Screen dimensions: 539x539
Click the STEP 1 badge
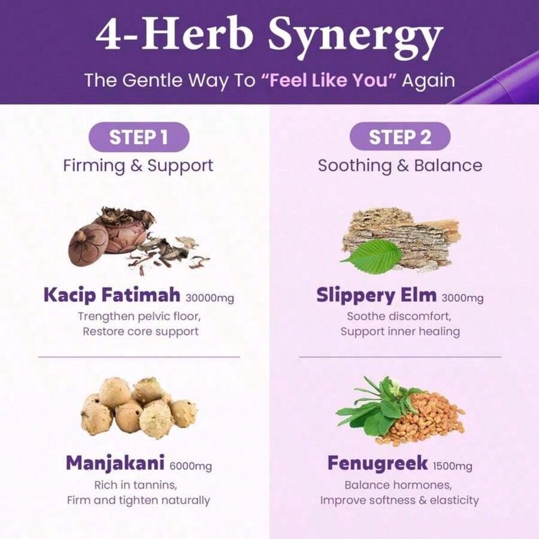[x=139, y=137]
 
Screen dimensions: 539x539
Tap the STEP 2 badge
[x=400, y=137]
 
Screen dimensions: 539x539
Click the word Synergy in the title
[x=355, y=37]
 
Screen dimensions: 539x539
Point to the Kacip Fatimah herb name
[x=112, y=295]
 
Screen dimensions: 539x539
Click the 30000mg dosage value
[x=210, y=298]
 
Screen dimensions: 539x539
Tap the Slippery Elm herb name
[x=377, y=295]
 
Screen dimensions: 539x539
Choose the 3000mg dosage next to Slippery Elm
[x=462, y=298]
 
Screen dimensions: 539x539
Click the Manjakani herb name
[x=115, y=463]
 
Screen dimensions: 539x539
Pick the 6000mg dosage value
[x=191, y=466]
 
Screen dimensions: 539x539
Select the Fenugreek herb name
[x=377, y=463]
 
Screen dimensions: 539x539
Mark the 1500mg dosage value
[x=452, y=466]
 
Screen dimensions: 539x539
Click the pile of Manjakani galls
[x=139, y=407]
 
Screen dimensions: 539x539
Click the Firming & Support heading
[x=138, y=166]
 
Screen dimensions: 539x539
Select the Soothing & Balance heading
[x=400, y=166]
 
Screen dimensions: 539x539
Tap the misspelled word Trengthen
[x=106, y=317]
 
